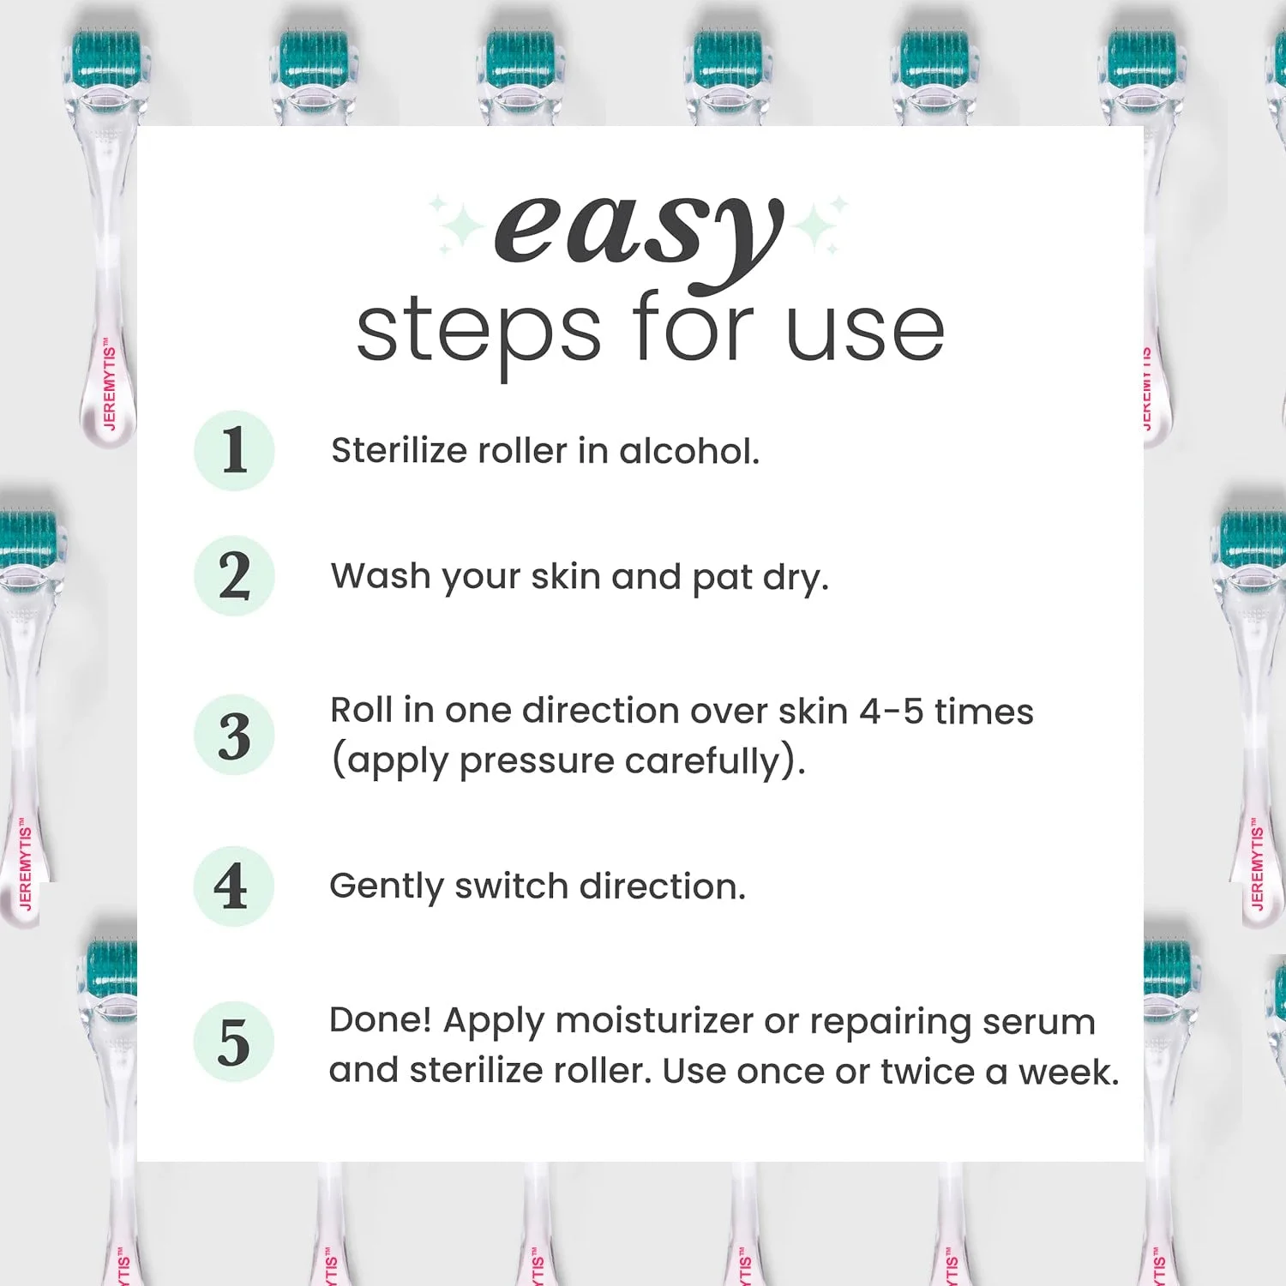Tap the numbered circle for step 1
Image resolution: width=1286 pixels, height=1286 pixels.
pyautogui.click(x=234, y=450)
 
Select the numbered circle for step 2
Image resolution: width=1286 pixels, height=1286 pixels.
pyautogui.click(x=234, y=575)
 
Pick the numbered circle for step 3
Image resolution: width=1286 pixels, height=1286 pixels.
pyautogui.click(x=234, y=735)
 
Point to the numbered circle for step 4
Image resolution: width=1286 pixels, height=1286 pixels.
pyautogui.click(x=233, y=886)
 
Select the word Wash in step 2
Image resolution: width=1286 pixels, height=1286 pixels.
pyautogui.click(x=381, y=576)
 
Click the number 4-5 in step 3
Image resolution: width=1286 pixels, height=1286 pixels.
pyautogui.click(x=891, y=712)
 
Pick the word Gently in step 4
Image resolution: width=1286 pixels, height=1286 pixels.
pyautogui.click(x=386, y=887)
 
